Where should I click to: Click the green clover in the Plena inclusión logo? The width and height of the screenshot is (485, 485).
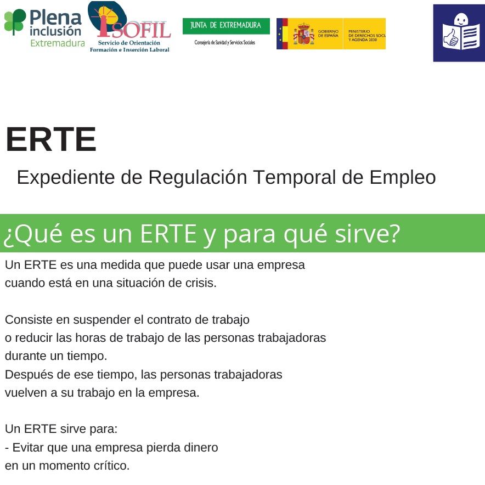14,21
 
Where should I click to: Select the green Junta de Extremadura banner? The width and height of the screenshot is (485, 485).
226,26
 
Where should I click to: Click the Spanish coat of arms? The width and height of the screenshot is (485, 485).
303,35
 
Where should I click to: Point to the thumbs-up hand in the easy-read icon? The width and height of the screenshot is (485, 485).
450,38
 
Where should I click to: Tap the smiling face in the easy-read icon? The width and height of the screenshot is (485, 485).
461,20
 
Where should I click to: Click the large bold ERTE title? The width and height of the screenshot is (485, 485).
51,139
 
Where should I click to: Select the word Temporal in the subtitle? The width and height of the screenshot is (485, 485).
295,178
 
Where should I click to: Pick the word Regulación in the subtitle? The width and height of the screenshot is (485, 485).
198,178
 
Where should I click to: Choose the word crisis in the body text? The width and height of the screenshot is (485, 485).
201,283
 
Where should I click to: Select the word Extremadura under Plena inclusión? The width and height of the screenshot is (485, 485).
58,43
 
